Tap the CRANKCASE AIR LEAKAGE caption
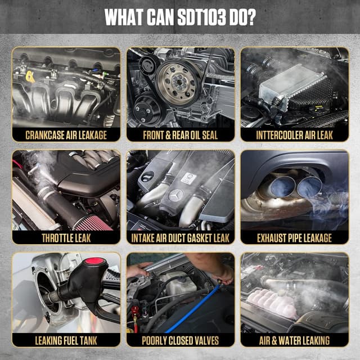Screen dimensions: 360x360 click(x=66, y=135)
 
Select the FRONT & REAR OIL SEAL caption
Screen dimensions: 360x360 click(x=181, y=135)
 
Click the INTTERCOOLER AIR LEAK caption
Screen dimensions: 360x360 click(x=294, y=135)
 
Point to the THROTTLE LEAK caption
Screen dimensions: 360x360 click(x=66, y=237)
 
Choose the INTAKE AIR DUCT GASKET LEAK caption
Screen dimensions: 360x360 click(x=181, y=237)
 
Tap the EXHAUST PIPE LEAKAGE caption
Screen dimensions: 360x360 click(x=294, y=237)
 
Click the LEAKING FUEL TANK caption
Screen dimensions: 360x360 click(x=66, y=340)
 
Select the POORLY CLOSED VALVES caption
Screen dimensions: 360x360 click(x=181, y=340)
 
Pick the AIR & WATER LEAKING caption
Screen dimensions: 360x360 click(x=294, y=340)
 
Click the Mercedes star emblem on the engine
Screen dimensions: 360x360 click(x=176, y=196)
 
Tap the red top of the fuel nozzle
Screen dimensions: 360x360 click(x=94, y=262)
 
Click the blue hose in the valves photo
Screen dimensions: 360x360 click(x=191, y=309)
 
